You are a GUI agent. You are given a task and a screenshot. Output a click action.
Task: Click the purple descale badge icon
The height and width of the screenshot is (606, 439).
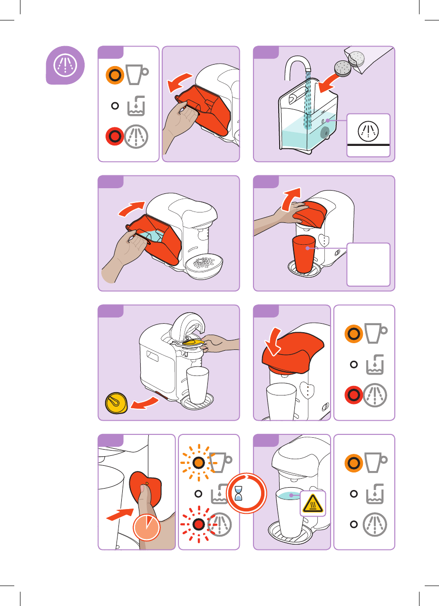pos(65,65)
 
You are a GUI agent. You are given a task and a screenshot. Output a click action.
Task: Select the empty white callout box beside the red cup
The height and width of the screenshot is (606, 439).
pos(368,264)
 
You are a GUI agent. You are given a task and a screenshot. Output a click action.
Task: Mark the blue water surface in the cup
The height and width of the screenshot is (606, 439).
pos(288,495)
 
